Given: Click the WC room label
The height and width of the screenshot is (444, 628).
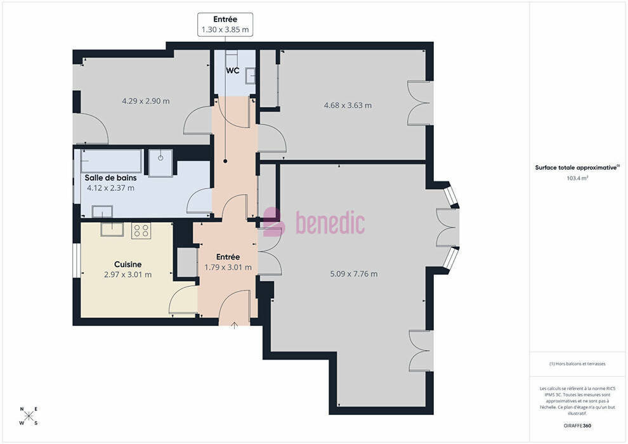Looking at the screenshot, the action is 233,71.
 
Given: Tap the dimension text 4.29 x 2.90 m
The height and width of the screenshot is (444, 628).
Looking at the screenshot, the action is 146,101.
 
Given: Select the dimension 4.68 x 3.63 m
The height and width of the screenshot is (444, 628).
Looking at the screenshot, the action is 348,106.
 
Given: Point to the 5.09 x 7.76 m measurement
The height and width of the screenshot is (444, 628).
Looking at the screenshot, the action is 354,274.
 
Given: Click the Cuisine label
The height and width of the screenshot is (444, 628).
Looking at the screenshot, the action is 128,264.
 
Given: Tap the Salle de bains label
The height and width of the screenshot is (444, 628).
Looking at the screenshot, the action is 110,178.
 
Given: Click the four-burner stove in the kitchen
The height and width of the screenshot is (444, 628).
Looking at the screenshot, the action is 141,231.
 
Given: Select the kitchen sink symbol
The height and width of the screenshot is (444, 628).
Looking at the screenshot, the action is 112,228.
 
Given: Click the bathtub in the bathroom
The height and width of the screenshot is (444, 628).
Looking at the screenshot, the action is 112,161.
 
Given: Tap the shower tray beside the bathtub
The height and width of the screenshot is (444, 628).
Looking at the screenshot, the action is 161,162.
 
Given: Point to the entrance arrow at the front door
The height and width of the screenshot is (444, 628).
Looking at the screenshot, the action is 234,325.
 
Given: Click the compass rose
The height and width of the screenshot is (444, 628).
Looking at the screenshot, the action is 29,416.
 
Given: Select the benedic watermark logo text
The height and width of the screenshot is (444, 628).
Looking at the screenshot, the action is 330,223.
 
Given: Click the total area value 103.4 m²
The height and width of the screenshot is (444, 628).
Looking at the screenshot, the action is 577,179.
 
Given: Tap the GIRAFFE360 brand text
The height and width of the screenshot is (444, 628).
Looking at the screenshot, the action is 577,426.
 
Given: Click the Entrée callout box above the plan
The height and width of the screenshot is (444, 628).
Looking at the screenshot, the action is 225,25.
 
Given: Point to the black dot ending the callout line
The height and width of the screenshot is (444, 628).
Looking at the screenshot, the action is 225,161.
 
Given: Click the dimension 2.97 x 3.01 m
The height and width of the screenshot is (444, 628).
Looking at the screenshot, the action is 128,275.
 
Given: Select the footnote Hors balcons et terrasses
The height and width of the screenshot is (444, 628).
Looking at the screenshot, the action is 577,364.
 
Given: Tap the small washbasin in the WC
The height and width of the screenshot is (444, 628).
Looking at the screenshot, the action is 251,75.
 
